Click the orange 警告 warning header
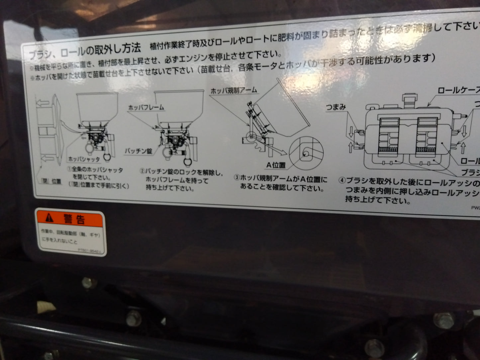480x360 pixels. tap(70, 219)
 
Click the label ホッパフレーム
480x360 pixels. tap(146, 107)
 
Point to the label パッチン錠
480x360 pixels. tap(139, 151)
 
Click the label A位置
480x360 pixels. tap(276, 165)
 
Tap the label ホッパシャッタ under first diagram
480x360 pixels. tap(84, 159)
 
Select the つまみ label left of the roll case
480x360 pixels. tap(336, 107)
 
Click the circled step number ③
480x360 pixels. tap(237, 177)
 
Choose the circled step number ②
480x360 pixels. tap(143, 171)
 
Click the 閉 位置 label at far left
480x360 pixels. tap(51, 181)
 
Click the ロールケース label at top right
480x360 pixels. tap(458, 90)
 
